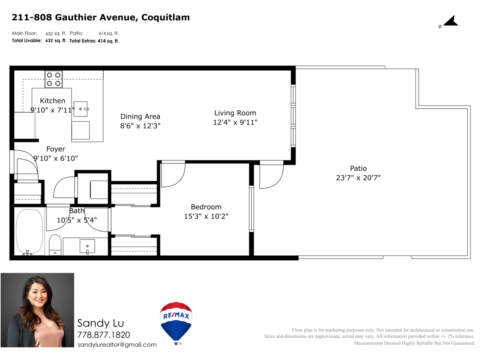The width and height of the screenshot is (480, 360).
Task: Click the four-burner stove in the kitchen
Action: (x=53, y=79)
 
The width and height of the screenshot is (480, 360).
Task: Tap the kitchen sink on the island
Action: (x=80, y=108)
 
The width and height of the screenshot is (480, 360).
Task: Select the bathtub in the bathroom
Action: (x=29, y=232)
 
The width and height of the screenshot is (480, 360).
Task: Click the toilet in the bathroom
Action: (x=55, y=244)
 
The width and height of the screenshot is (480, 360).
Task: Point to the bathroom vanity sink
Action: (x=87, y=246)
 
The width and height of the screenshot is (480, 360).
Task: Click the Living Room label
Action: (x=235, y=113)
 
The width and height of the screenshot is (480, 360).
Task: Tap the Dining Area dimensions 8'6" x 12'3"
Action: (x=140, y=126)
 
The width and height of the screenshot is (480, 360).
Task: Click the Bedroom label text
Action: (x=206, y=207)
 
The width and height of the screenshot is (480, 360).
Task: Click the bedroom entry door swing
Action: (x=173, y=174)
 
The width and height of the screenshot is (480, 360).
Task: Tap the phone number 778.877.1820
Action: (x=104, y=335)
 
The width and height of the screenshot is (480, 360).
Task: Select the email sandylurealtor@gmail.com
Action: (x=117, y=344)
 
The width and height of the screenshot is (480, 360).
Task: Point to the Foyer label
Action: (x=56, y=149)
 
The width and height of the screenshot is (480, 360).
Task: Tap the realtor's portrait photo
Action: (x=37, y=310)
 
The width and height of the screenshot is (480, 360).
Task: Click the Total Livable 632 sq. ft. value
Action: (x=56, y=40)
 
